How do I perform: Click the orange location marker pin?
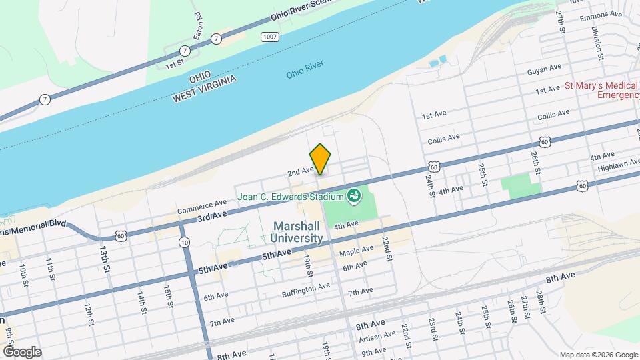tap(321, 159)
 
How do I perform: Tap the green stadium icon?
tap(353, 195)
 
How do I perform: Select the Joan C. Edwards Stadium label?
tap(292, 197)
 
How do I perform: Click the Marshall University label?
tap(297, 232)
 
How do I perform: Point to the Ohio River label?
tap(305, 69)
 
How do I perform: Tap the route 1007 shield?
tap(269, 36)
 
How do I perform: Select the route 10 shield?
tap(183, 242)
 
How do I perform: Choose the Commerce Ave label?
tap(202, 207)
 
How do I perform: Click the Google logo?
tap(22, 351)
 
